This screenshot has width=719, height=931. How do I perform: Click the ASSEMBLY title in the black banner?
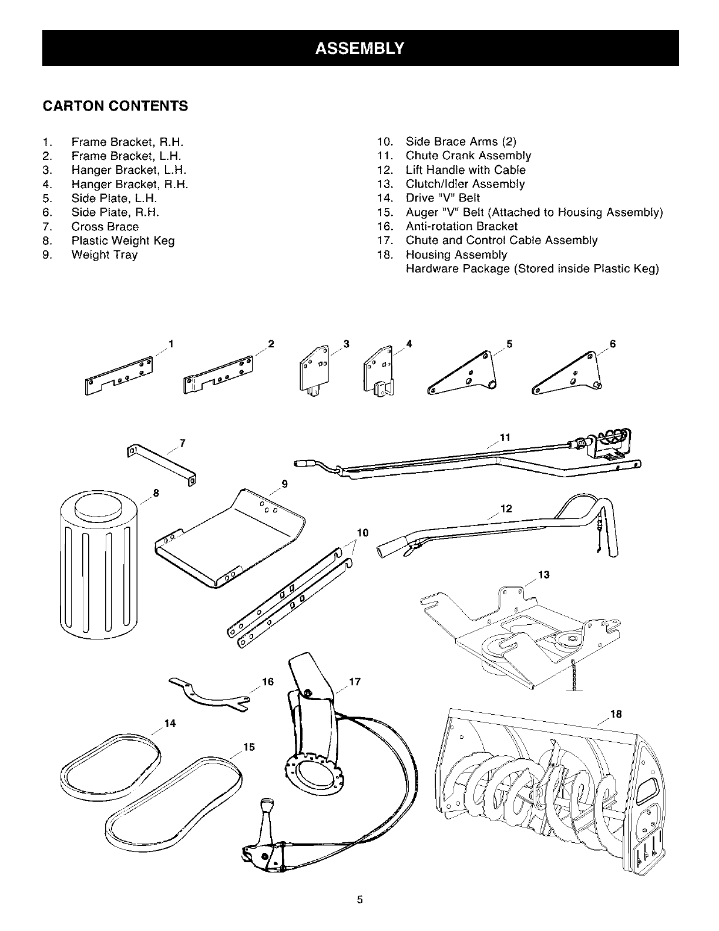(359, 48)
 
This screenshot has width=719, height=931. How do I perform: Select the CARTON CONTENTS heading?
(115, 106)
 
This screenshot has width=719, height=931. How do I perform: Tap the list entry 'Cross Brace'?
(105, 226)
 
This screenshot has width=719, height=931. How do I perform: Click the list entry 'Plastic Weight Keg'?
(123, 240)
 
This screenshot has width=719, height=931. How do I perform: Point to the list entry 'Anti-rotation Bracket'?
(462, 226)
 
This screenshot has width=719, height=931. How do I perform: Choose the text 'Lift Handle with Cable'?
(465, 170)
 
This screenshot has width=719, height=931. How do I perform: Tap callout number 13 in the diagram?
(543, 575)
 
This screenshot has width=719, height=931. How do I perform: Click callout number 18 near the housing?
(616, 715)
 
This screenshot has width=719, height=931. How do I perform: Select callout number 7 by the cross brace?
(183, 443)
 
